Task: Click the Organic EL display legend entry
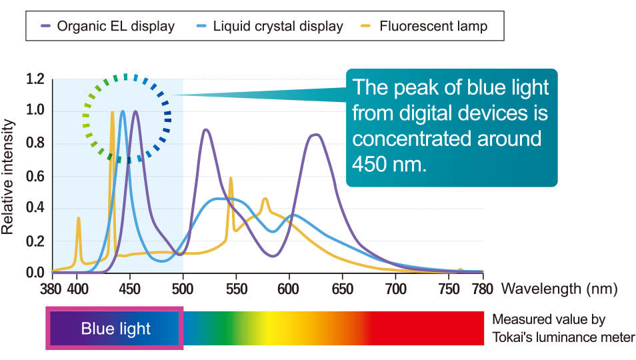coord(108,26)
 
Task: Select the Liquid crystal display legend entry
coord(270,26)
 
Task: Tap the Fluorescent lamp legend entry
coord(424,26)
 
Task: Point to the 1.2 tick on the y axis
coord(35,79)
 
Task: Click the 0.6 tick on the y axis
coord(35,177)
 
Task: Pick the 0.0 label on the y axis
coord(35,273)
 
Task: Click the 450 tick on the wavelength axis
coord(130,289)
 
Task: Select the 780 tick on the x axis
coord(482,289)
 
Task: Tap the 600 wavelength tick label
coord(289,289)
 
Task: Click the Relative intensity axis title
coord(8,177)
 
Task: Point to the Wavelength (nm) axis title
coord(559,289)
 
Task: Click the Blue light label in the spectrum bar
coord(115,329)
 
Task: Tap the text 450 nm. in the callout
coord(389,164)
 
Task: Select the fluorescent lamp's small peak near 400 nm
coord(78,219)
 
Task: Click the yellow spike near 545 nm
coord(231,179)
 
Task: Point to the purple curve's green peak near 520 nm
coord(206,130)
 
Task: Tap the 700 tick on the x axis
coord(396,289)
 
